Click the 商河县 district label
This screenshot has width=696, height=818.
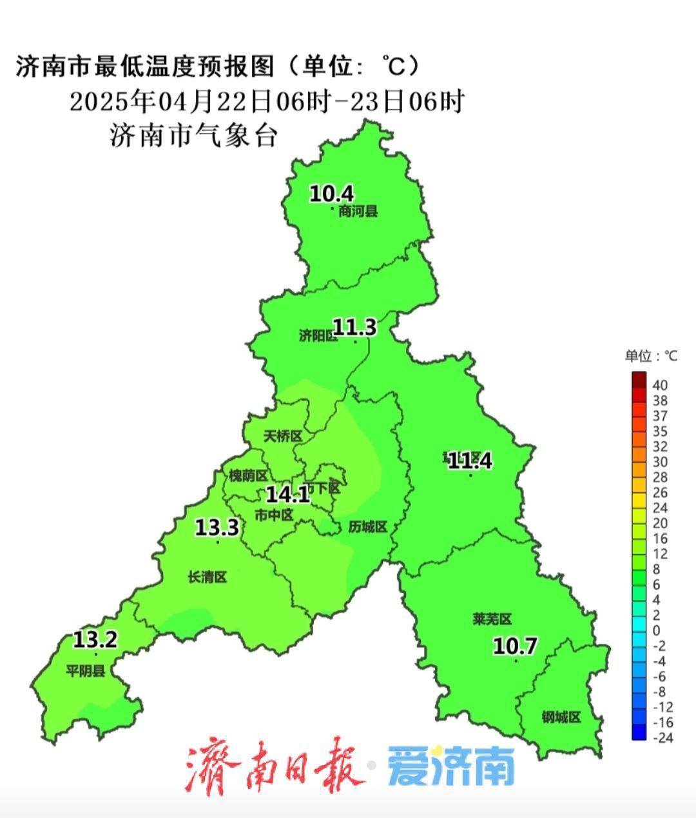tap(358, 212)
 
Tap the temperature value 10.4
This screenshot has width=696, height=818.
tap(332, 193)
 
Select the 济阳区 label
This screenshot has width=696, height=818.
tap(318, 336)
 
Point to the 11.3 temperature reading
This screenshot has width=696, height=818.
tap(354, 328)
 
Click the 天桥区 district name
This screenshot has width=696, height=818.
tap(283, 437)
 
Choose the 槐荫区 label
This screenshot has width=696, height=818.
tap(248, 476)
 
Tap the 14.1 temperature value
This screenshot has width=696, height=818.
tap(288, 495)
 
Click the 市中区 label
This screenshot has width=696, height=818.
tap(274, 515)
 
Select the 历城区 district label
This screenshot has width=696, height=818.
tap(367, 527)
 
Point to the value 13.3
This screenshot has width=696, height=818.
tap(217, 528)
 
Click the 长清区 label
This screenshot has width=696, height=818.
tap(208, 577)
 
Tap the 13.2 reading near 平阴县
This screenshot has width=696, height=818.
tap(95, 640)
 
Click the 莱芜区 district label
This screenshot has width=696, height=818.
tap(492, 619)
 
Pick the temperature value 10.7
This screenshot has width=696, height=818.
tap(515, 646)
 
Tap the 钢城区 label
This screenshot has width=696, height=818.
tap(561, 717)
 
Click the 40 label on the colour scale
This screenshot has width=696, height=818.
tap(660, 385)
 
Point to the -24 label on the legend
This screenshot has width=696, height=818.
tap(662, 738)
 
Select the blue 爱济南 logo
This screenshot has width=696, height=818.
tap(451, 767)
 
